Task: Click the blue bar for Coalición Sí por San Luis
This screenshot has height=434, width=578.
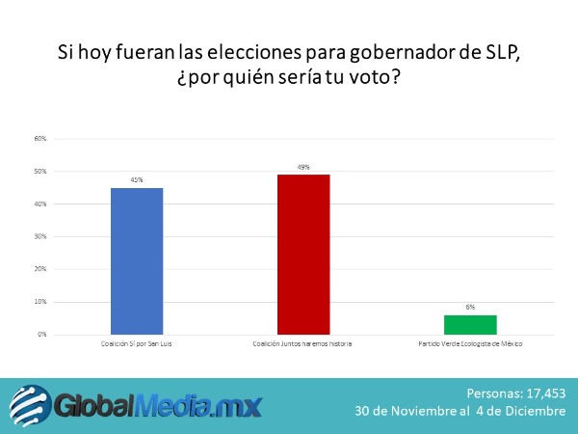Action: click(136, 260)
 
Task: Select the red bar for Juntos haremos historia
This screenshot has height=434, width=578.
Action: click(303, 254)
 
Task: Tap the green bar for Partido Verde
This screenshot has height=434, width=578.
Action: click(470, 324)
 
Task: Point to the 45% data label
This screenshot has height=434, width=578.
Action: click(136, 179)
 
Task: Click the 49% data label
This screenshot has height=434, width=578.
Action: click(303, 167)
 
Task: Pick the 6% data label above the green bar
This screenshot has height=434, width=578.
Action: click(470, 307)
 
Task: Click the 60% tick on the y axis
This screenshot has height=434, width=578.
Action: click(40, 139)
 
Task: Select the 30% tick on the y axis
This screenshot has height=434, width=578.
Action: click(40, 236)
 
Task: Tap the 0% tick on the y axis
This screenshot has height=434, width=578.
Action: click(42, 335)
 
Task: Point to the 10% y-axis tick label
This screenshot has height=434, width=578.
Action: click(40, 302)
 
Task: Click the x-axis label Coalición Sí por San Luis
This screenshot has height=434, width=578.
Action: click(136, 344)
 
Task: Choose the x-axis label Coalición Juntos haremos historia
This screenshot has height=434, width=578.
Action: click(303, 344)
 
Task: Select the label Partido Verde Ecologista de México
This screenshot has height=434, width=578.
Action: click(470, 344)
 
